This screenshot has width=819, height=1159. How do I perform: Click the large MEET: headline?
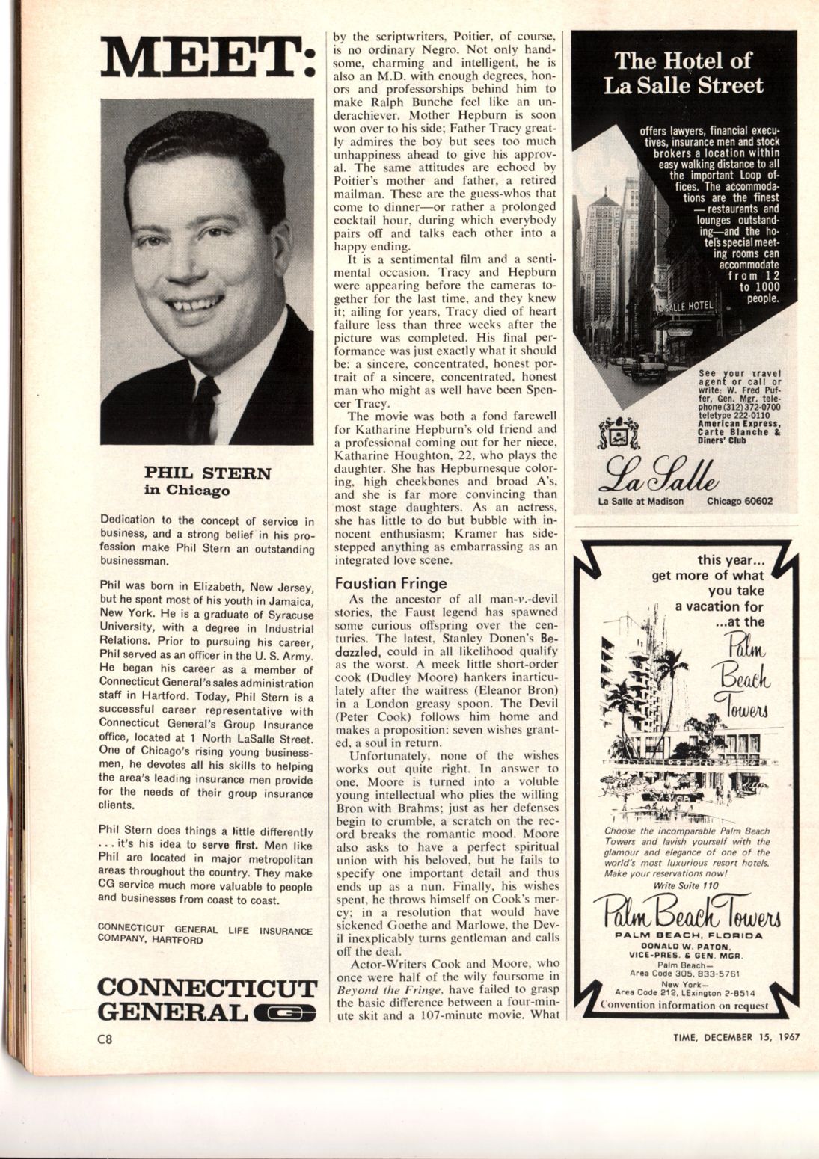click(x=207, y=56)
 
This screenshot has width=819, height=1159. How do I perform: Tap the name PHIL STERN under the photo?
click(x=207, y=473)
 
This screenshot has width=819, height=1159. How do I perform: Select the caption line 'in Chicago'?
click(x=187, y=491)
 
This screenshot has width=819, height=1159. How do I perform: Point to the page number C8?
click(x=104, y=1039)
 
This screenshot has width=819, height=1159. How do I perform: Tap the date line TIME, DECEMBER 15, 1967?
click(x=736, y=1037)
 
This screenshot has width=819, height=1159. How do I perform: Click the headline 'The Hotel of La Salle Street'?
click(x=683, y=73)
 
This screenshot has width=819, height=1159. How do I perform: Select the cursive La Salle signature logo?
click(x=657, y=471)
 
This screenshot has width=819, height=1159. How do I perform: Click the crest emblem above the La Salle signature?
click(x=619, y=433)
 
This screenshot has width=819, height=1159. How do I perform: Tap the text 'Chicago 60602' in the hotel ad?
click(x=740, y=501)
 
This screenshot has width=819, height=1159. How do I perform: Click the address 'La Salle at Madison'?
click(x=641, y=501)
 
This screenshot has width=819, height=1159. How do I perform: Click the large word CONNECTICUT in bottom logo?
click(x=207, y=988)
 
